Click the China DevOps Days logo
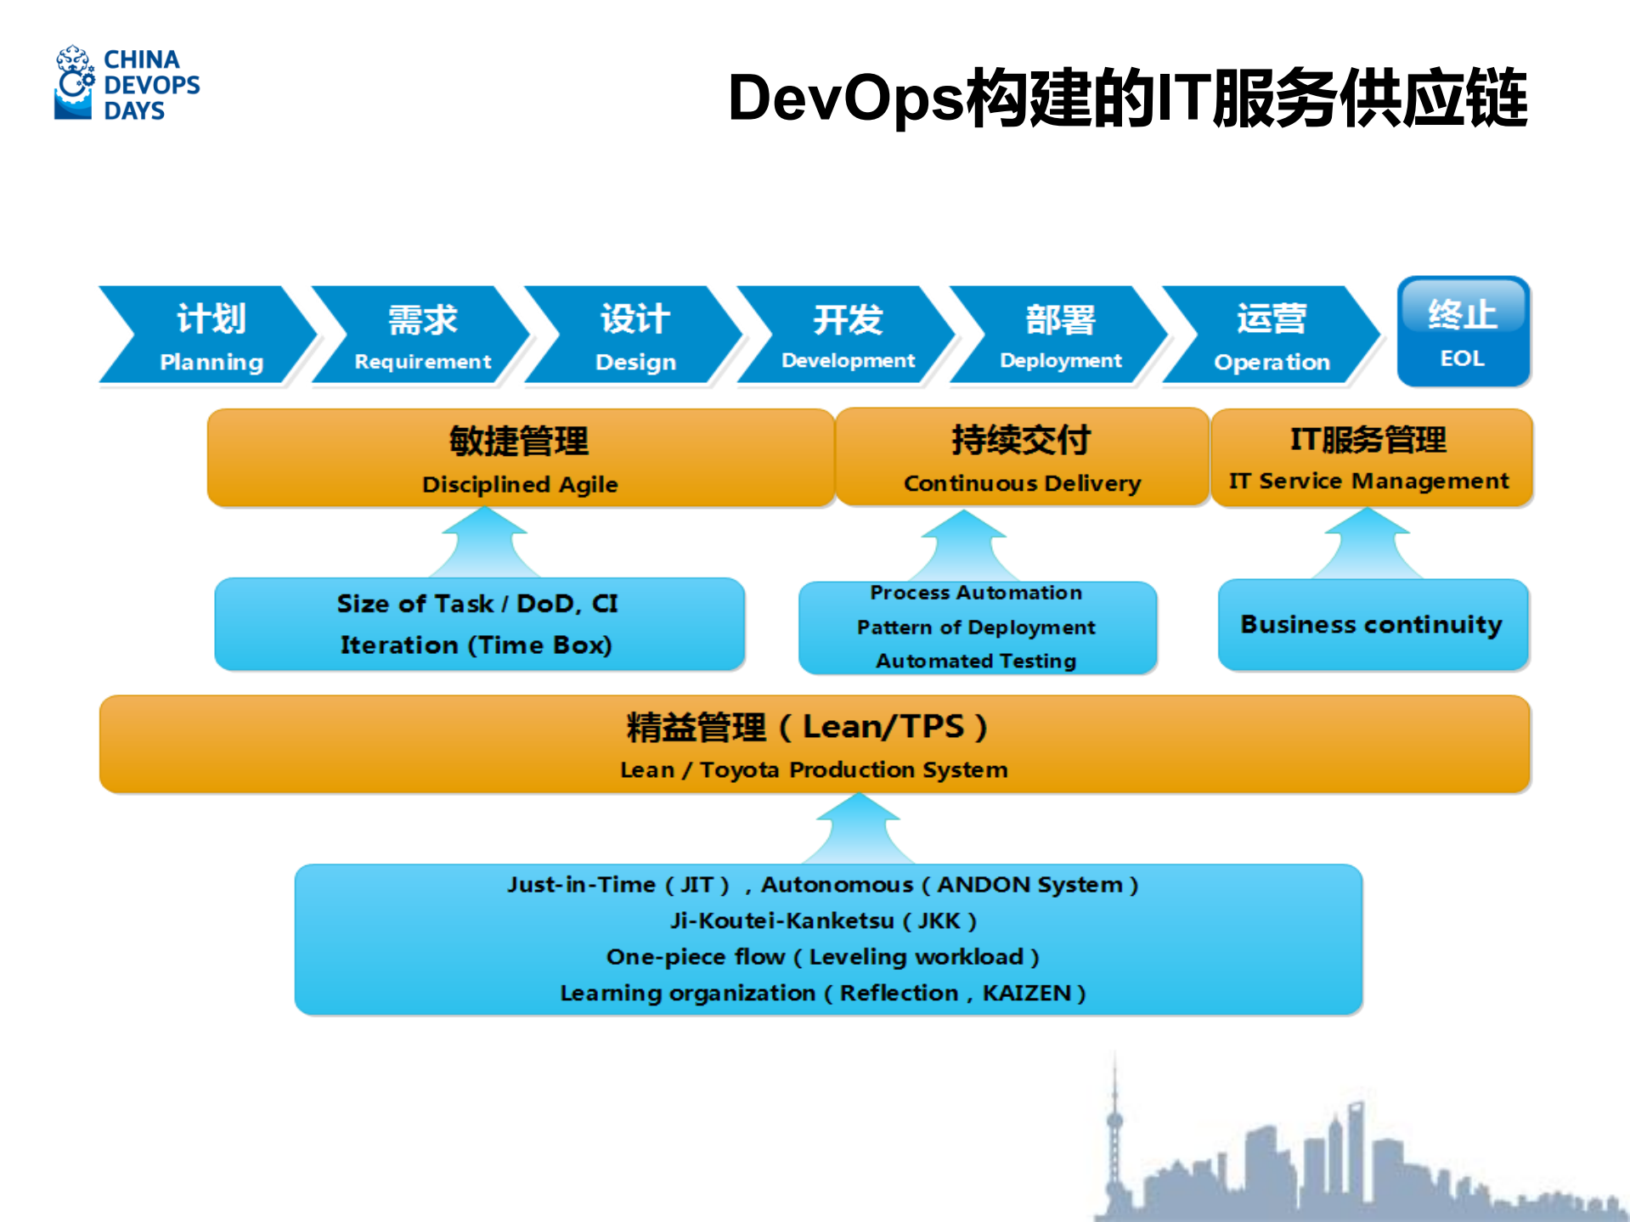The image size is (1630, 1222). click(127, 84)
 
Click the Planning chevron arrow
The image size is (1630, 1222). click(208, 336)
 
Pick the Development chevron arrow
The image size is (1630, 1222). click(847, 336)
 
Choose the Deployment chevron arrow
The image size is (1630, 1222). click(1060, 336)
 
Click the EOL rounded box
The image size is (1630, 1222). click(1463, 332)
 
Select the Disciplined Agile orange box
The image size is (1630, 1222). click(520, 459)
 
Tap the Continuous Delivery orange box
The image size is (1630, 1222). click(1022, 458)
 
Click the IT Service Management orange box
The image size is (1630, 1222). click(1370, 458)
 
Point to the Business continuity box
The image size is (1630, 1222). click(1371, 625)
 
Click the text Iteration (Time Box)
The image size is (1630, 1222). click(476, 645)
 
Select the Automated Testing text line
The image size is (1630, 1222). click(976, 661)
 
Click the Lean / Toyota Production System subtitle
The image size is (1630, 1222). click(813, 770)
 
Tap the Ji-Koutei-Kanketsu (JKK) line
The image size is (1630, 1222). click(822, 921)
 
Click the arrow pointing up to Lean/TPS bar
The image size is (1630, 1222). click(858, 828)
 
